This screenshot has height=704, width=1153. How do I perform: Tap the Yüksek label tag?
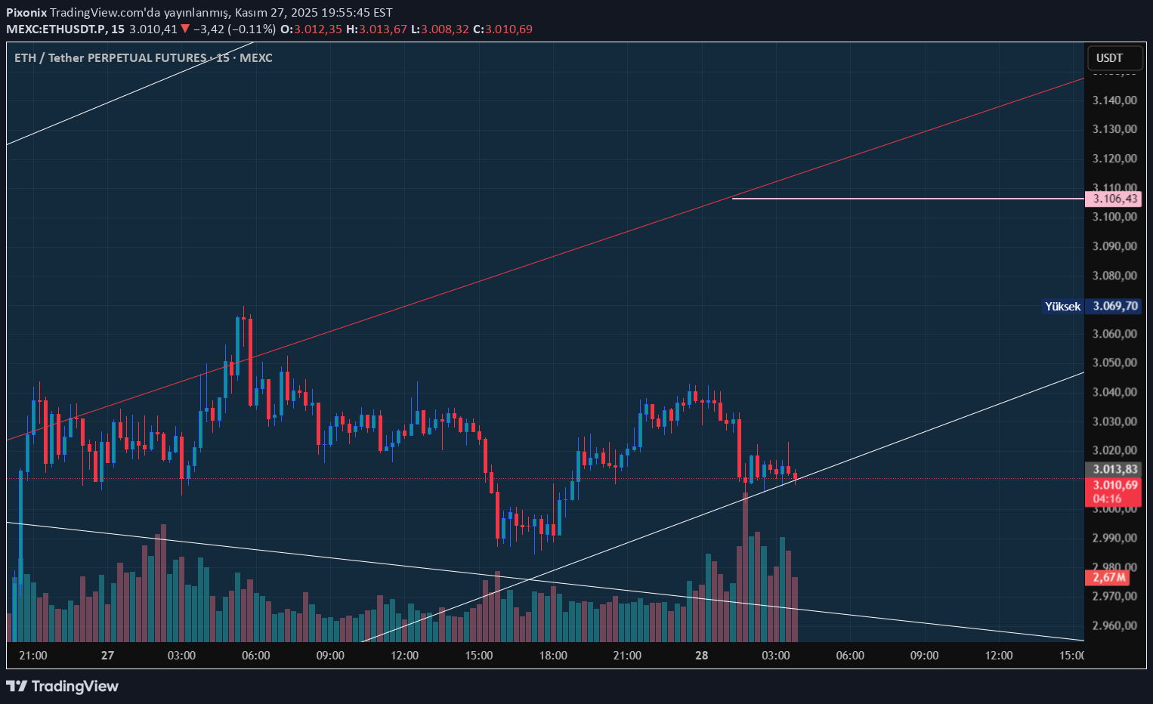coord(1062,306)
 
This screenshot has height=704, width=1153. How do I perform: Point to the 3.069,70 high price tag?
coord(1114,306)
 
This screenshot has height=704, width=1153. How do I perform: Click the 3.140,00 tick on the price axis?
coord(1114,100)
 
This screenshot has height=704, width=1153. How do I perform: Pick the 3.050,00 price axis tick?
coord(1114,363)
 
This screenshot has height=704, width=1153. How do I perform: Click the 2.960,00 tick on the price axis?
coord(1114,625)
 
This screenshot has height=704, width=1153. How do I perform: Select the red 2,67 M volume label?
coord(1108,577)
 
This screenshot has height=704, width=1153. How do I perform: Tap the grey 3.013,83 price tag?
coord(1114,469)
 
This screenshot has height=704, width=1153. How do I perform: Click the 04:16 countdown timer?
coord(1107,499)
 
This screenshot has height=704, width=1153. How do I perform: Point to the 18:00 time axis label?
coord(553,656)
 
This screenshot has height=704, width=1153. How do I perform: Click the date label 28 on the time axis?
coord(702,656)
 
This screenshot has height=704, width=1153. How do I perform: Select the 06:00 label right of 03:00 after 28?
coord(850,656)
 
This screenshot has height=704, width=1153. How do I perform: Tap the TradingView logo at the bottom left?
coord(63,686)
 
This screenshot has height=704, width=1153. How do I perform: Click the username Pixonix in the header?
coord(26,13)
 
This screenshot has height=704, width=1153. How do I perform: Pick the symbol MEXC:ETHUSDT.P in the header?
coord(56,29)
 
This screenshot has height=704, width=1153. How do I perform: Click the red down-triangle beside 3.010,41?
coord(185,29)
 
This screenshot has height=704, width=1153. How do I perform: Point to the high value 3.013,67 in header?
coord(382,29)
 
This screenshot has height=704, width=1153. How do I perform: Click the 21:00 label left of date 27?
coord(33,656)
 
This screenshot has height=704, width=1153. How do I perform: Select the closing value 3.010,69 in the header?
coord(508,29)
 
